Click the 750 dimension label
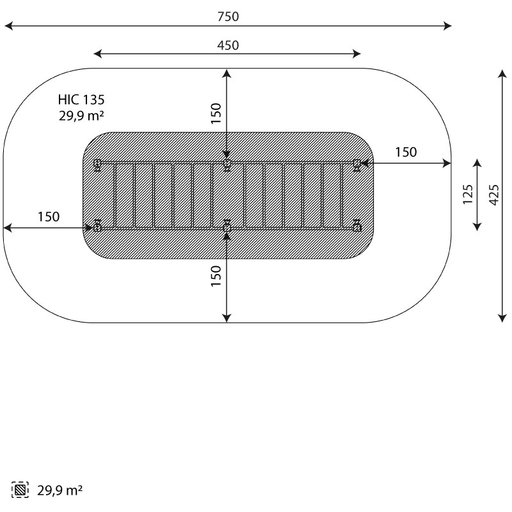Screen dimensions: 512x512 228,17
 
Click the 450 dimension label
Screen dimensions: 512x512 228,45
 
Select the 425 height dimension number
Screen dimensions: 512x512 494,195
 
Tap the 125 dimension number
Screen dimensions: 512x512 468,195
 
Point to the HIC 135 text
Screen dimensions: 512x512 81,100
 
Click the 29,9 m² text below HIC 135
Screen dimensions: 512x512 81,116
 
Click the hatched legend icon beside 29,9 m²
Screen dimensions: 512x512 20,490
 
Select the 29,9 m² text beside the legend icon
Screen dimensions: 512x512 60,490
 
